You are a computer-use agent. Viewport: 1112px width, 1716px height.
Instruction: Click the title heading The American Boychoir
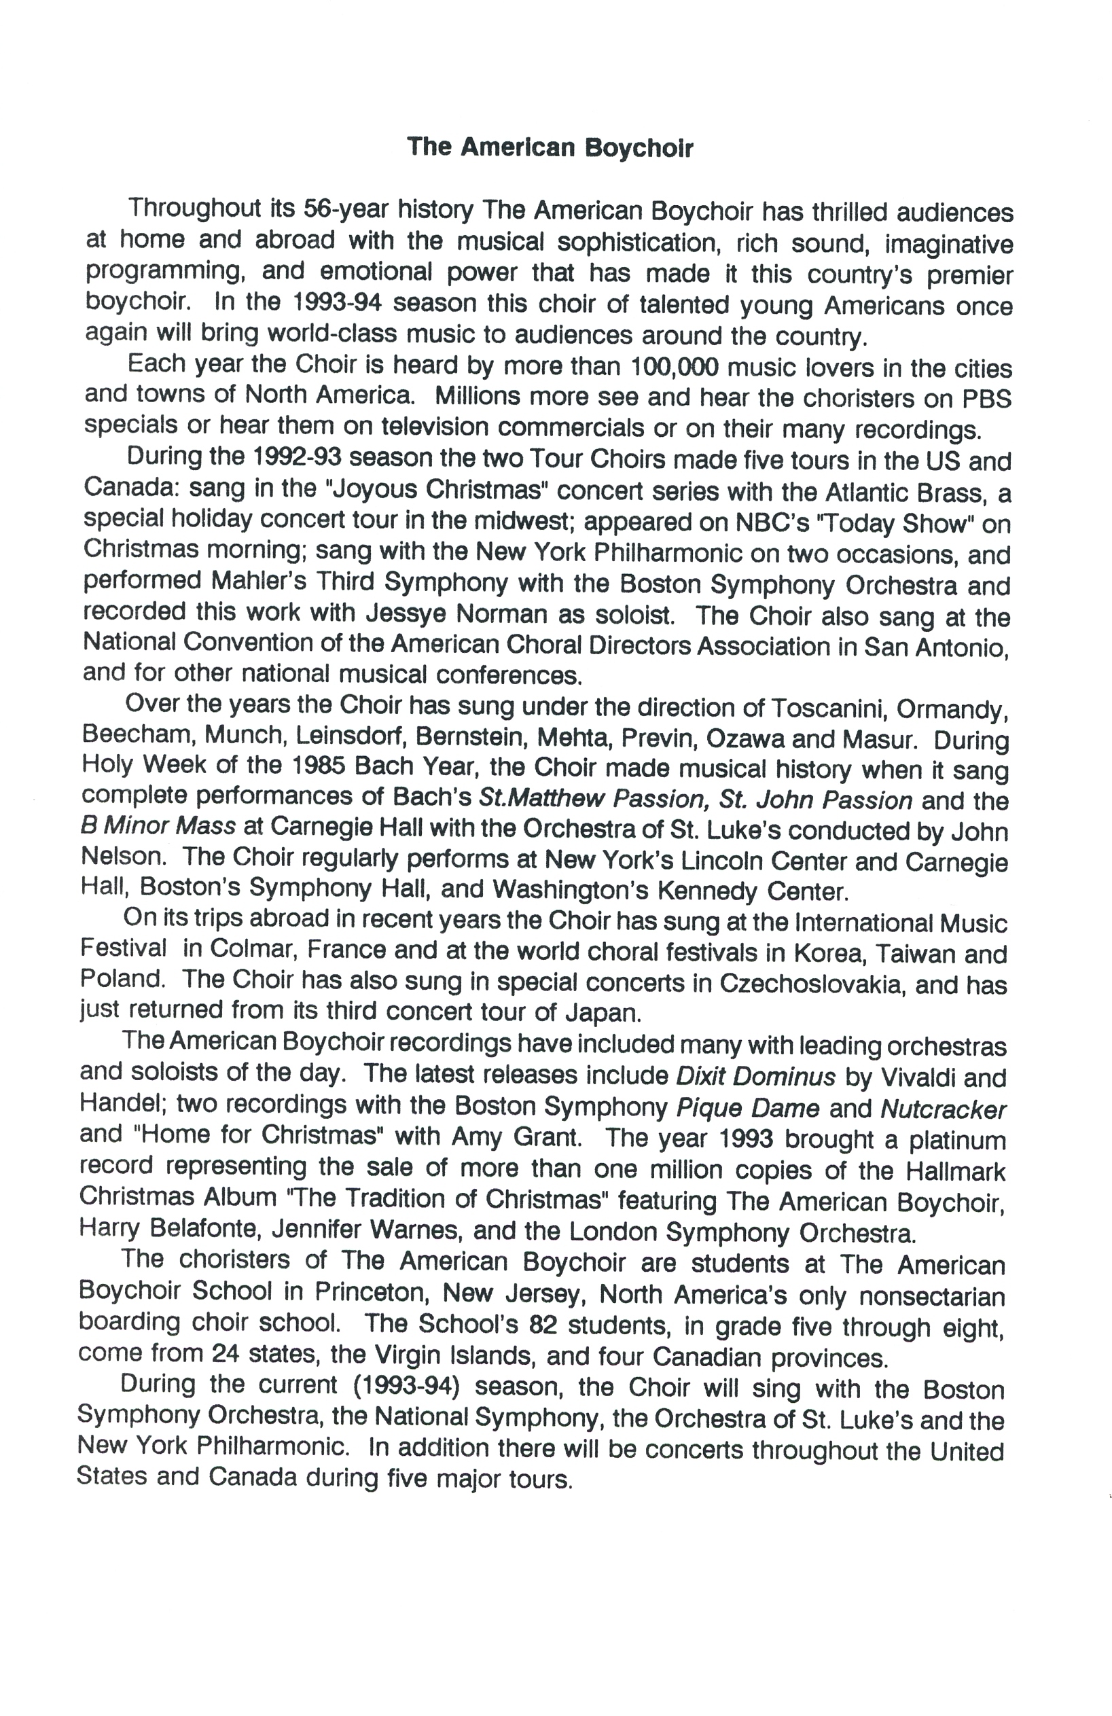(x=550, y=147)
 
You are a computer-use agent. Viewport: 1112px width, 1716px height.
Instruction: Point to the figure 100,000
(x=674, y=367)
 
